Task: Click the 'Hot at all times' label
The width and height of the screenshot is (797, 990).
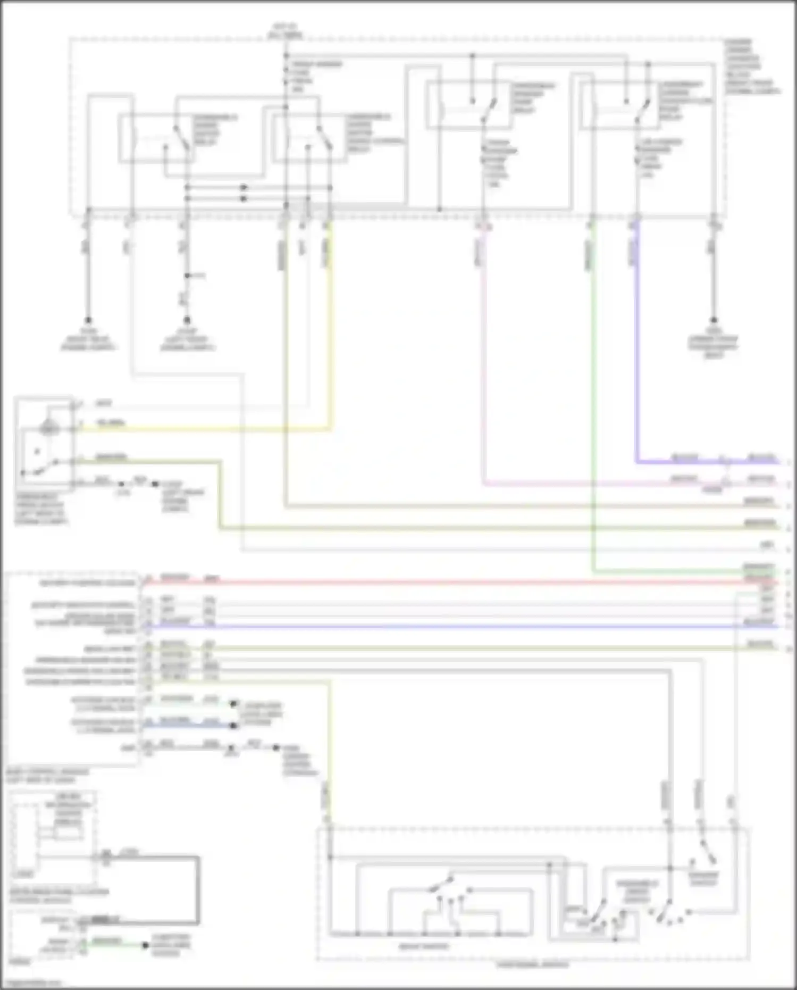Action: pos(286,31)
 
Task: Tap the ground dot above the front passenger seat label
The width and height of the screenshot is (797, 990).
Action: pos(714,320)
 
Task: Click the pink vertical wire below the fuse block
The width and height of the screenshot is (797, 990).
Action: pos(483,346)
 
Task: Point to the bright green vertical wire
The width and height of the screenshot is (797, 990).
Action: pos(593,399)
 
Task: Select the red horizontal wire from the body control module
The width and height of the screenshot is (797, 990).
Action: pos(425,583)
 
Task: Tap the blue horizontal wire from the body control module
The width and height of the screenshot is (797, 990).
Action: pos(425,627)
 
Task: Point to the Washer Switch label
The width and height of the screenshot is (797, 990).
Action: pos(703,878)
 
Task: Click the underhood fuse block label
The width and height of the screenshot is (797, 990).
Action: pos(751,66)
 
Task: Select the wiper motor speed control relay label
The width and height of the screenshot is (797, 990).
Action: pos(372,133)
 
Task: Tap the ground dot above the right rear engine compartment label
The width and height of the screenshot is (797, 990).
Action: pos(88,320)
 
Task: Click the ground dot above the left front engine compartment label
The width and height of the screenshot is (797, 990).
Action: pos(187,320)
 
